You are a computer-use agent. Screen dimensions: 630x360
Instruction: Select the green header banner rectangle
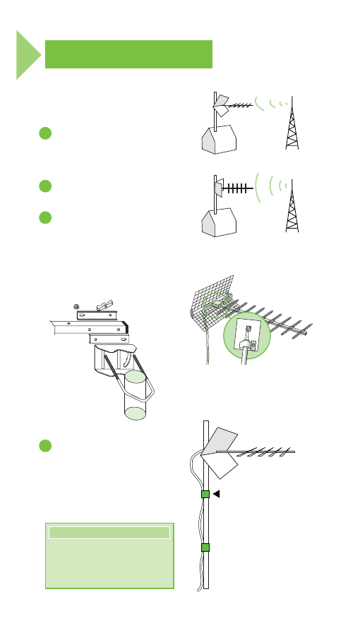point(128,54)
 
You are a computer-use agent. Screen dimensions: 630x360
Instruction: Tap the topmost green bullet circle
point(44,134)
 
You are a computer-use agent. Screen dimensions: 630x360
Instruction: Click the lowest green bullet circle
point(44,446)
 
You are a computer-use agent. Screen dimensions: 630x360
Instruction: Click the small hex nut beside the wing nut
point(78,305)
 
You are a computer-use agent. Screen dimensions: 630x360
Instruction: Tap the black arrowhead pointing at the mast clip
point(217,495)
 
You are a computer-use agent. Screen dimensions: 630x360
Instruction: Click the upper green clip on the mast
point(205,495)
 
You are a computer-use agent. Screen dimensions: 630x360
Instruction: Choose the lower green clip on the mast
point(205,548)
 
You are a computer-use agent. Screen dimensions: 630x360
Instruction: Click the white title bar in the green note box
point(109,533)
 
